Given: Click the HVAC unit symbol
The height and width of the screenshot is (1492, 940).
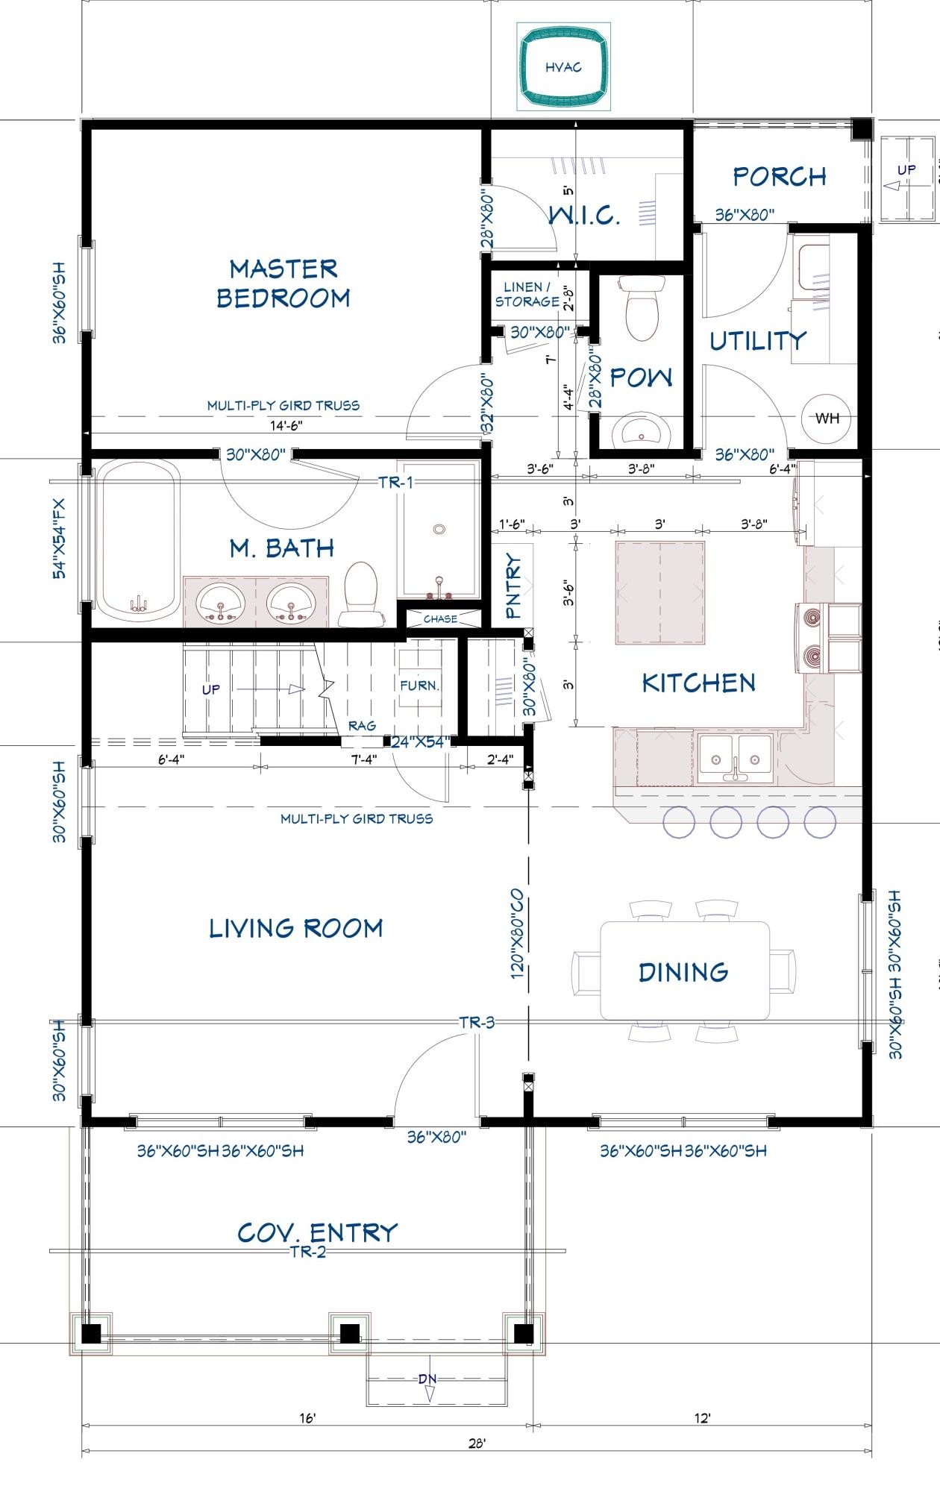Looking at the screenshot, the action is pyautogui.click(x=564, y=66).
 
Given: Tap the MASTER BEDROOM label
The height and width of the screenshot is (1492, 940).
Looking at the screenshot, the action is pyautogui.click(x=283, y=283).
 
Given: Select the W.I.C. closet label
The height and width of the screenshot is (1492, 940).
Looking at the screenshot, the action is pyautogui.click(x=584, y=215).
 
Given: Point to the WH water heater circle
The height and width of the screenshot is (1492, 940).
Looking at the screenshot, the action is pyautogui.click(x=827, y=419).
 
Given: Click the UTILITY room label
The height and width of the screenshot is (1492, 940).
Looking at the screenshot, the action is pyautogui.click(x=757, y=341).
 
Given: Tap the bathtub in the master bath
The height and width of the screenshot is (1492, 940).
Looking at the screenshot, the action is pyautogui.click(x=140, y=540).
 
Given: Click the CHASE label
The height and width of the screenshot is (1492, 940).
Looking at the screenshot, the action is pyautogui.click(x=440, y=619).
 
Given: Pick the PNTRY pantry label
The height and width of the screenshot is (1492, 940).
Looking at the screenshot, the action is pyautogui.click(x=514, y=586).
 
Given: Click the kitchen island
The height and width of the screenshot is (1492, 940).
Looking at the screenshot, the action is pyautogui.click(x=659, y=592).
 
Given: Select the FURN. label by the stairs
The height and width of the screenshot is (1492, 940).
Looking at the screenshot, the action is pyautogui.click(x=419, y=685).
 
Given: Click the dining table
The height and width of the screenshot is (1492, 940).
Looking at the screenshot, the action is pyautogui.click(x=685, y=971).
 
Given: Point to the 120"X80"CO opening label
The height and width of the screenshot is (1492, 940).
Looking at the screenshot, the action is pyautogui.click(x=517, y=934).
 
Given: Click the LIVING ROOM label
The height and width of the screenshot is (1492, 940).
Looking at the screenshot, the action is pyautogui.click(x=296, y=928).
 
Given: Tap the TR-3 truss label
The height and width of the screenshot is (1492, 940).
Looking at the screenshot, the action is pyautogui.click(x=477, y=1022).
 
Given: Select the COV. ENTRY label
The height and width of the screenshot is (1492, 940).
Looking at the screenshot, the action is pyautogui.click(x=317, y=1232).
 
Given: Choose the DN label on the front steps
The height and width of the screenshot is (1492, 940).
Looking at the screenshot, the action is pyautogui.click(x=427, y=1379).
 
